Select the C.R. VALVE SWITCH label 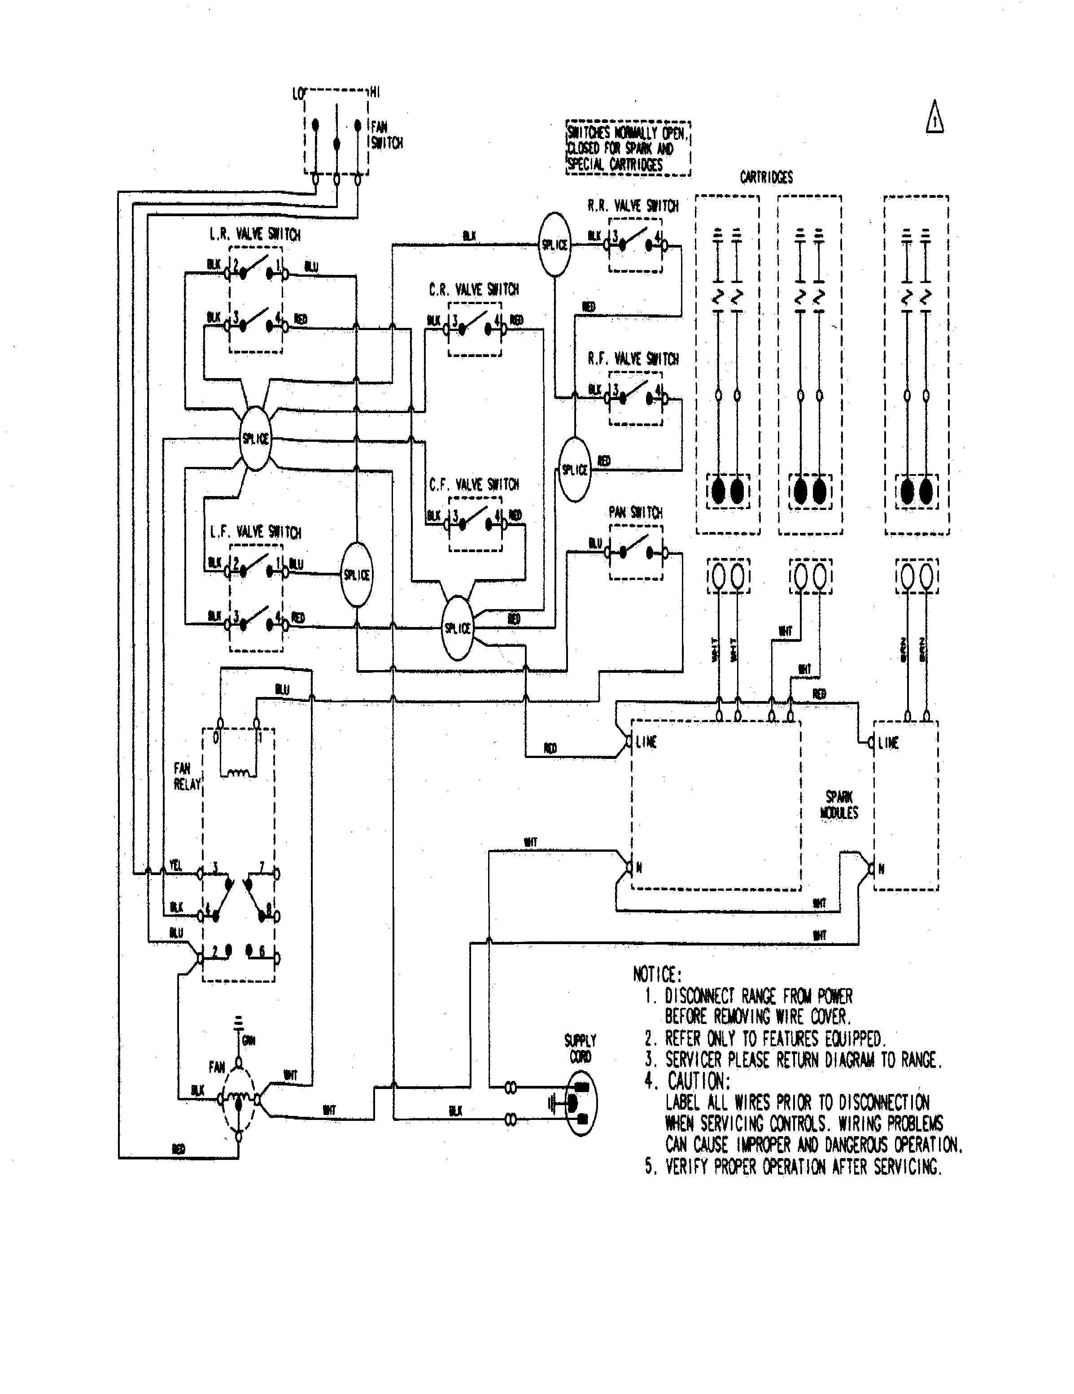(x=474, y=290)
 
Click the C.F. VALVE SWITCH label (x=474, y=485)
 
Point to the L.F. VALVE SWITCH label (x=255, y=532)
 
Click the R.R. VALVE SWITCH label (x=633, y=206)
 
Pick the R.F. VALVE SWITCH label (x=633, y=359)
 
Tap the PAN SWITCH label (x=635, y=513)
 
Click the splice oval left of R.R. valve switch (x=554, y=244)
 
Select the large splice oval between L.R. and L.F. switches (x=255, y=439)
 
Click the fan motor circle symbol (x=239, y=1099)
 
